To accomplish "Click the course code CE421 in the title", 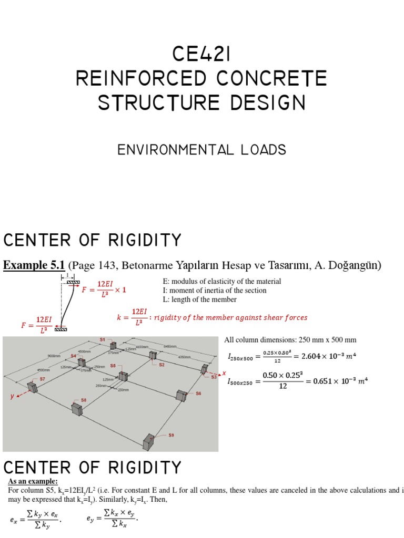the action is [x=202, y=54].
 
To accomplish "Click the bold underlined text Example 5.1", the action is [x=34, y=265].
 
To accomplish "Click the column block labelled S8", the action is [x=77, y=408].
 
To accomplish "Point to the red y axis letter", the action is [x=12, y=397].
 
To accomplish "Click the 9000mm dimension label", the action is [x=54, y=356].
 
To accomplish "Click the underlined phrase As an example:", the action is [x=33, y=482].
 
